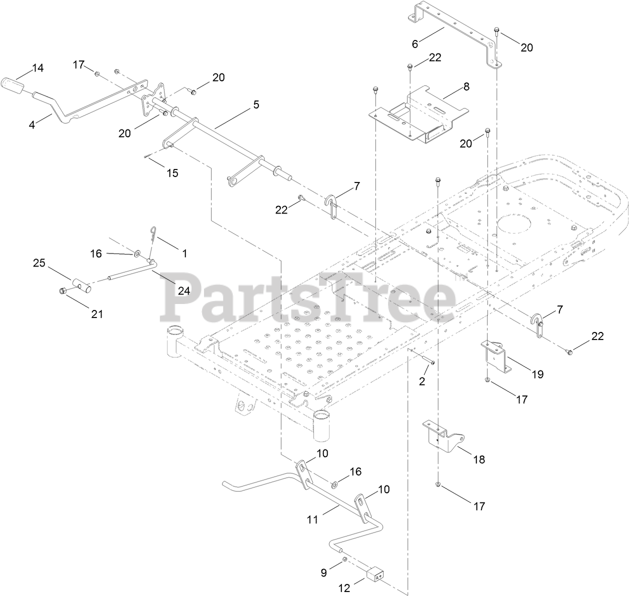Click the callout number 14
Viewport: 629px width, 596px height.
click(38, 68)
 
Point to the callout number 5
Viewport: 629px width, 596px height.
click(256, 104)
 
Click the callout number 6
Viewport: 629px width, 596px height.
click(415, 43)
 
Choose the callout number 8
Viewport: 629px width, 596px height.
click(466, 86)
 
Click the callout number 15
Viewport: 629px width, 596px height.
click(172, 173)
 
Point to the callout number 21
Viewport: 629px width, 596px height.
click(96, 313)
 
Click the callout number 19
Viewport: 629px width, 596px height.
click(537, 374)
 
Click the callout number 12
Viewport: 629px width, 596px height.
click(344, 589)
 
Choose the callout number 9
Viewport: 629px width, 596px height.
click(323, 570)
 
